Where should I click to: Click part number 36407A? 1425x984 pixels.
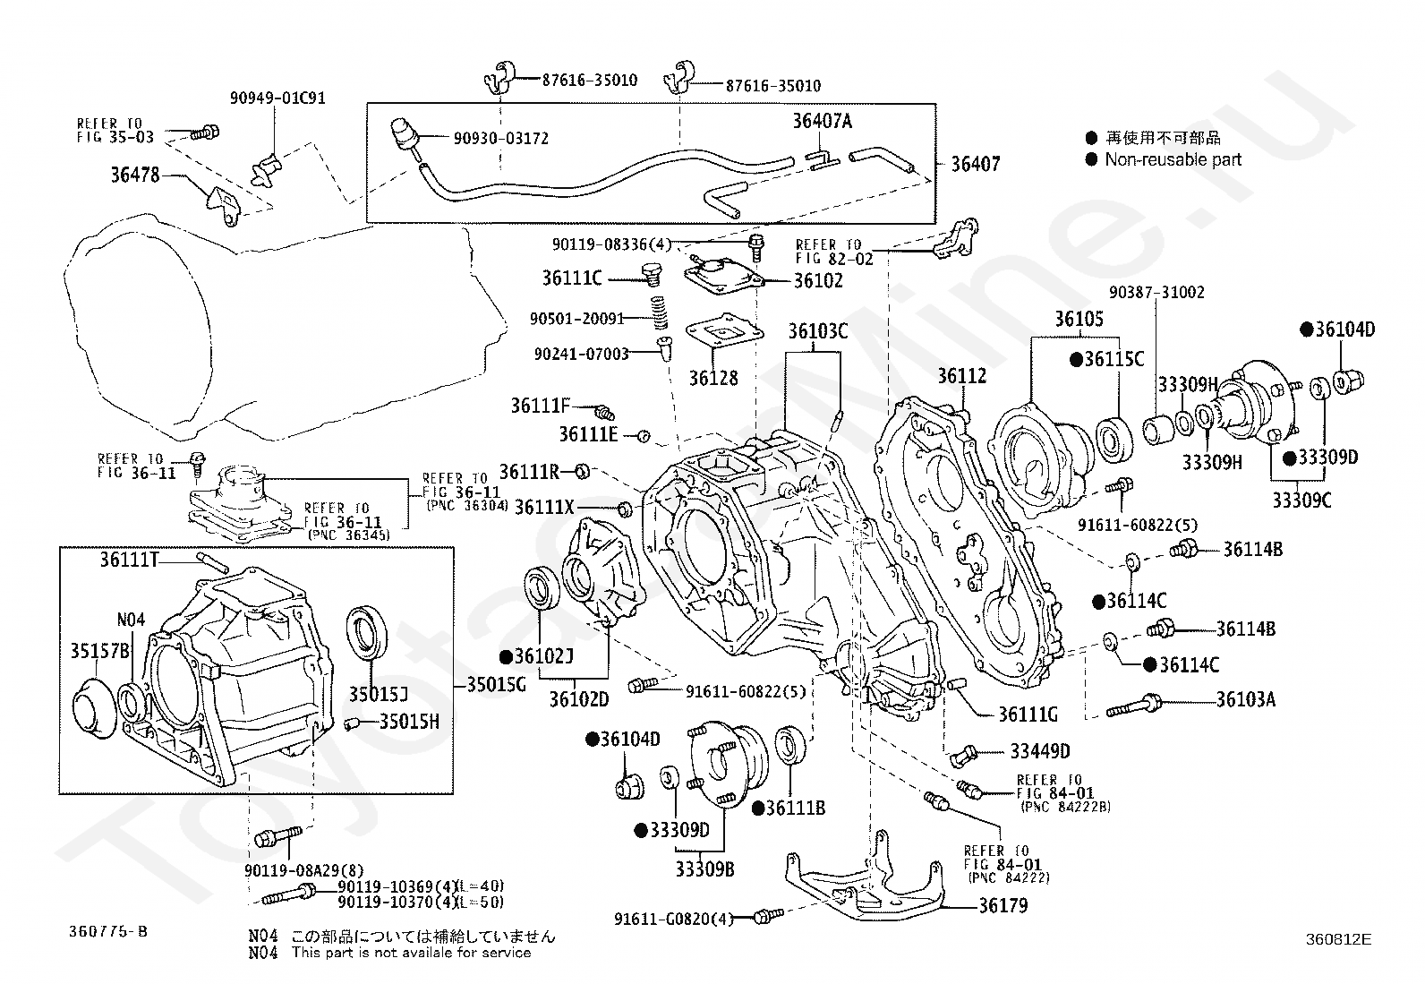822,120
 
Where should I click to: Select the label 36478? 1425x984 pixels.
135,175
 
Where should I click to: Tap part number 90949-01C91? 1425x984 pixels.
277,98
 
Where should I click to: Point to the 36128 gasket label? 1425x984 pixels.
713,378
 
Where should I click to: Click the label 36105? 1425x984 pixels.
1079,318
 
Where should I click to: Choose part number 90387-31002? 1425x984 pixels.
1156,292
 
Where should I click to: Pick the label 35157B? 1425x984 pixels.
100,651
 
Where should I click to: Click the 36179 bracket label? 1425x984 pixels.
1003,905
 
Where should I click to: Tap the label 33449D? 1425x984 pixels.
1040,751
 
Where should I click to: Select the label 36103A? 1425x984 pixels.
1246,699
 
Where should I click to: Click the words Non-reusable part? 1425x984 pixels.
1173,159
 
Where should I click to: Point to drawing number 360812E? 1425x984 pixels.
1338,939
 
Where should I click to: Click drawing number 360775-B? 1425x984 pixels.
108,931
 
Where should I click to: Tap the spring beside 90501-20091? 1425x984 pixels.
659,312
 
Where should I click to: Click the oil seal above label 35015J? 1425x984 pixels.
366,633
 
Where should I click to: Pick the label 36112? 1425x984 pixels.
962,375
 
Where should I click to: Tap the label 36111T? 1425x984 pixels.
129,560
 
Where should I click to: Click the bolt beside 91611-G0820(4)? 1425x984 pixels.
768,916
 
